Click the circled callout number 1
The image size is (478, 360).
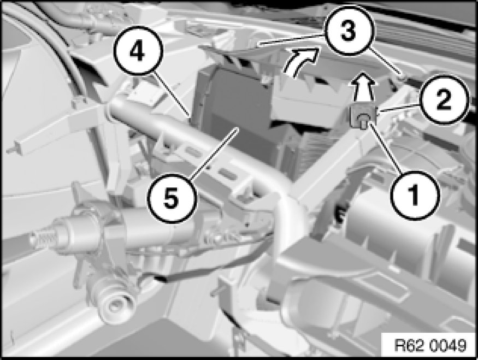[415, 195]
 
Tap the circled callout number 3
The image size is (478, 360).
[349, 30]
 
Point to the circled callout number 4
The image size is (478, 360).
[138, 51]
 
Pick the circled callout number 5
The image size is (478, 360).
[172, 198]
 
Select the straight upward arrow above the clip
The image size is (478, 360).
[363, 86]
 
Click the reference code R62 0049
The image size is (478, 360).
[430, 345]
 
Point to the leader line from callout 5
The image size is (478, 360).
[214, 152]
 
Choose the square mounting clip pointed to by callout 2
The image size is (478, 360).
[363, 116]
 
